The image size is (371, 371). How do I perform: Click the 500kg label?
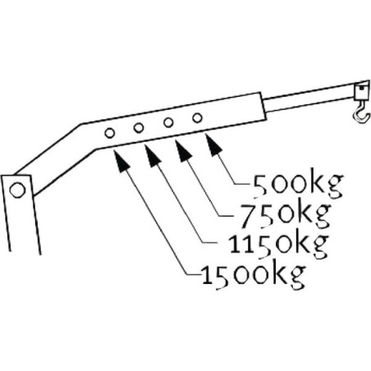[298, 185]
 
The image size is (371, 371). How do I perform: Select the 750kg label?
[286, 214]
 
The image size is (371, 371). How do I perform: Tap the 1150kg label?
[278, 245]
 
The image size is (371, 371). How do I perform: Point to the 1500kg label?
[253, 275]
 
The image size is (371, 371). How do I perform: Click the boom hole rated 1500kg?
[109, 133]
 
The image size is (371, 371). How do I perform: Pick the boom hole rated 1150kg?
[139, 127]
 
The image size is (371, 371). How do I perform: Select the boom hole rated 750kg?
[168, 122]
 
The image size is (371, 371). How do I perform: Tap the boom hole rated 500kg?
[197, 118]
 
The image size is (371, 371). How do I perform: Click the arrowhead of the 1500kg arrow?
[121, 162]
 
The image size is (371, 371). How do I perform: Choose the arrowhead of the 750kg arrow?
[183, 151]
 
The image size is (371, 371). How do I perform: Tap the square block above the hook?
[361, 92]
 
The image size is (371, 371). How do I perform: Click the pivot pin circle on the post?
[17, 190]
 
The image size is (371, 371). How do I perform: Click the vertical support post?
[21, 214]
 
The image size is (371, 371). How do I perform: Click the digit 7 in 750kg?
[249, 215]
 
